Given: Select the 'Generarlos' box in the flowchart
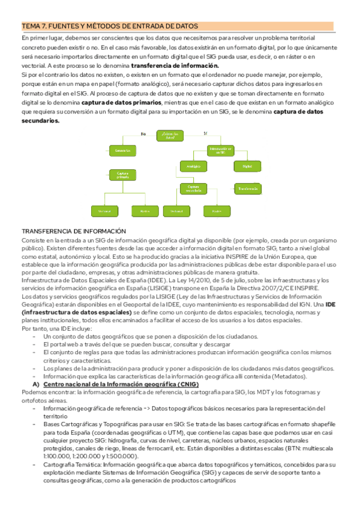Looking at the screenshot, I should pos(122,150).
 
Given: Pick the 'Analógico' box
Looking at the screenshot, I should pos(193,166).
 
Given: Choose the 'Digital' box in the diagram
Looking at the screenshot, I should pos(247,166).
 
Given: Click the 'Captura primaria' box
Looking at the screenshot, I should pos(122,175).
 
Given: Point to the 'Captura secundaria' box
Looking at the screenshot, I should pos(193,188).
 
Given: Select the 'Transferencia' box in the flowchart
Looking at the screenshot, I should pos(247,188).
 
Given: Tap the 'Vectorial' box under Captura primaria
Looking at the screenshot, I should pos(104,211).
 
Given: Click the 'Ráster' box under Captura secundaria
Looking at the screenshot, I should pos(217,211).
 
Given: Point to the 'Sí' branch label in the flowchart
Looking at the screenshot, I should pos(205,133).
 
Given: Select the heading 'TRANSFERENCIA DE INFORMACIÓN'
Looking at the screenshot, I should pos(74,231).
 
